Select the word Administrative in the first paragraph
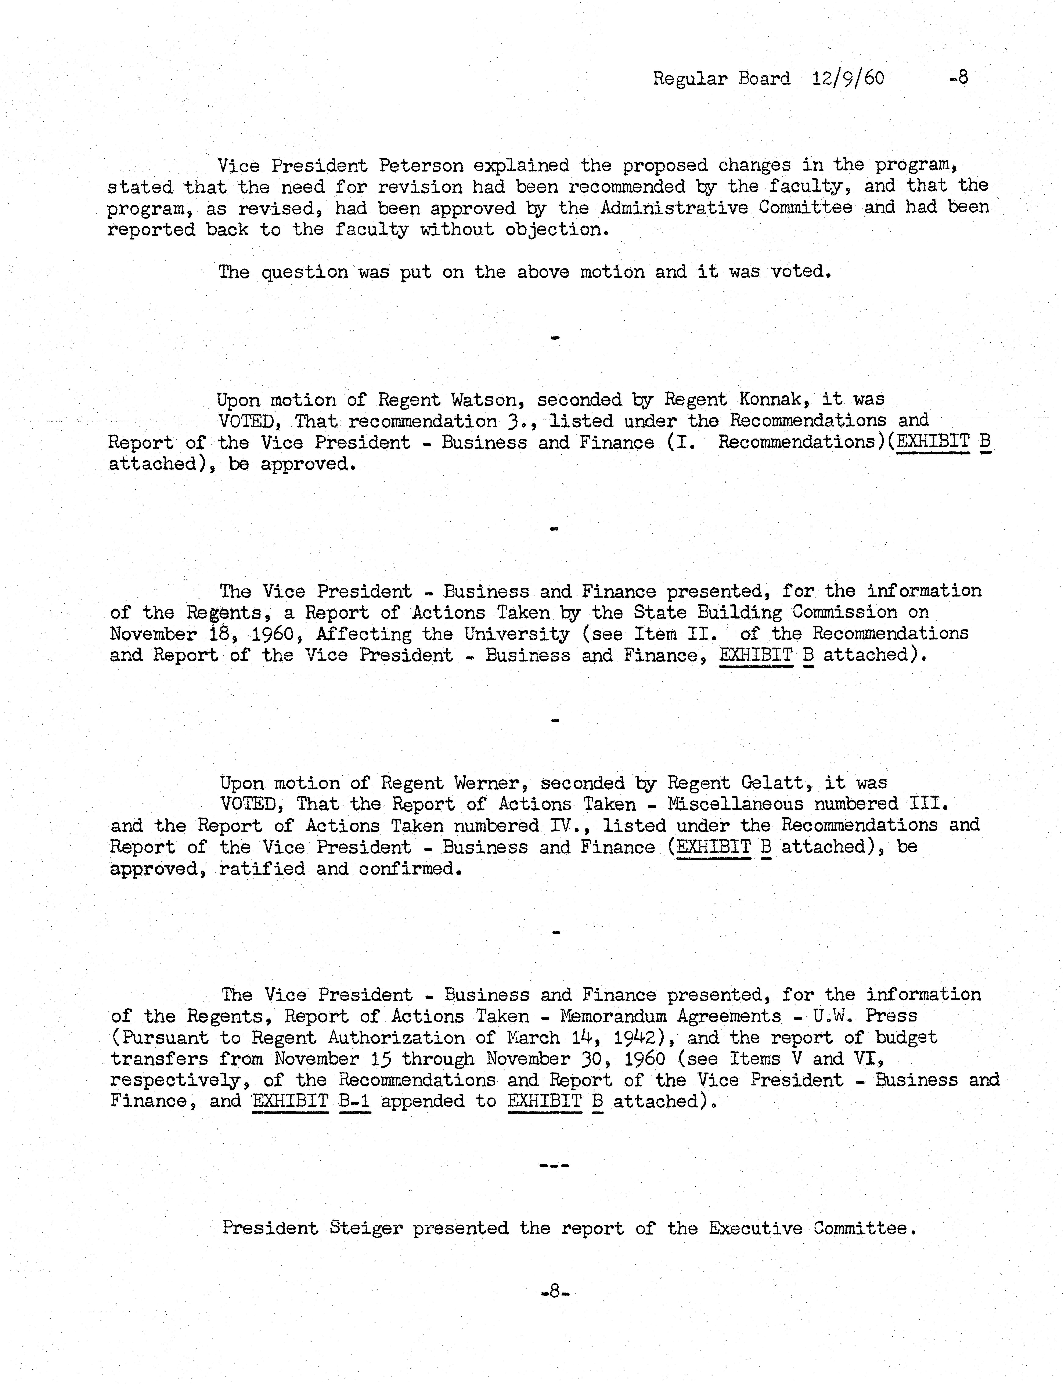[x=674, y=208]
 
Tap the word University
[x=517, y=634]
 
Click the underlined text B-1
[x=354, y=1102]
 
